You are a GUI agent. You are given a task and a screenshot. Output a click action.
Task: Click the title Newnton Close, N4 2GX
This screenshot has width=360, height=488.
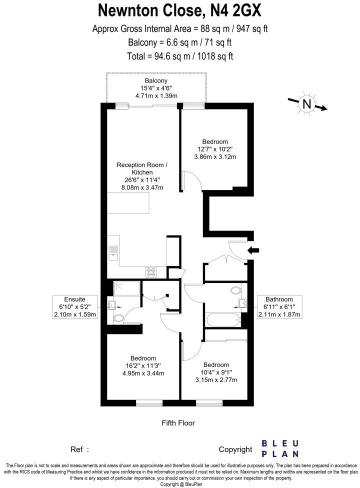(x=180, y=10)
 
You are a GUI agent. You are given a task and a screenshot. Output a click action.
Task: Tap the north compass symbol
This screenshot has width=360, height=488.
(x=306, y=104)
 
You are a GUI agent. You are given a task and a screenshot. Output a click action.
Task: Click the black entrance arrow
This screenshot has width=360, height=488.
(x=253, y=250)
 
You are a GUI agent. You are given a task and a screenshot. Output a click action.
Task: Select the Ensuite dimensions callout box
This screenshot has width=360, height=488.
(x=75, y=307)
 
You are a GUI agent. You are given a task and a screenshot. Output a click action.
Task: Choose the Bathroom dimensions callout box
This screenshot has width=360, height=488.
(x=279, y=307)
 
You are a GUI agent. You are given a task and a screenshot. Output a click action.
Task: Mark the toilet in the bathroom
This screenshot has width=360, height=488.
(x=235, y=290)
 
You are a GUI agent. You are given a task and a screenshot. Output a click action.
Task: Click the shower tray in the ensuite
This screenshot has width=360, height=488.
(x=126, y=289)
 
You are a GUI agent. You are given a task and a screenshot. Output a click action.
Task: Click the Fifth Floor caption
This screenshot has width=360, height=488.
(x=178, y=423)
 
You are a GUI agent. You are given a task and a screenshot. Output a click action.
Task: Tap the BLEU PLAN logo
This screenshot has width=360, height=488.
(x=281, y=448)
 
